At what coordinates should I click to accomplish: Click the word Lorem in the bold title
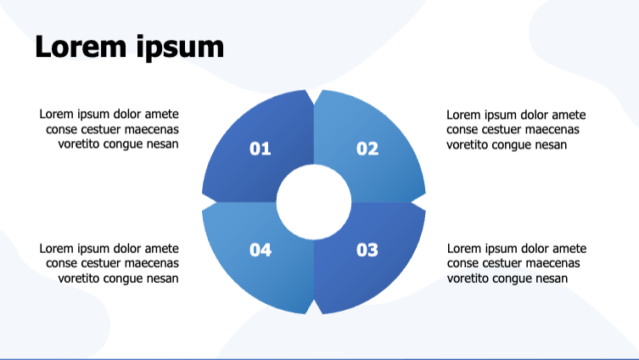tap(81, 47)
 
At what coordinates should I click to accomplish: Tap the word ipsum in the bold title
tap(179, 48)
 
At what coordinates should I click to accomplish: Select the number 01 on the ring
tap(260, 149)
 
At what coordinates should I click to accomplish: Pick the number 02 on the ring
tap(367, 149)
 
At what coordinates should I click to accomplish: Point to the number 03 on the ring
tap(367, 250)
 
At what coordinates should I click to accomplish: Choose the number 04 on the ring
tap(260, 250)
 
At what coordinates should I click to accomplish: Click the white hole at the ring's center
tap(314, 201)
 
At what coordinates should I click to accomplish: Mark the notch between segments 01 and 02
tap(314, 93)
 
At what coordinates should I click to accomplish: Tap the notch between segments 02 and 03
tap(422, 201)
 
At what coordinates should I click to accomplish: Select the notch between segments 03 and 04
tap(314, 310)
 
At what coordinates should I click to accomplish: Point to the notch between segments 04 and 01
tap(205, 201)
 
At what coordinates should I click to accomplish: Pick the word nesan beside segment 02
tap(548, 143)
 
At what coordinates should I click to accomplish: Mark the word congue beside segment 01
tap(124, 143)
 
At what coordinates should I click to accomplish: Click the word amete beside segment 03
tap(569, 249)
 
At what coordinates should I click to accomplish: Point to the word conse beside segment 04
tap(61, 263)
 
